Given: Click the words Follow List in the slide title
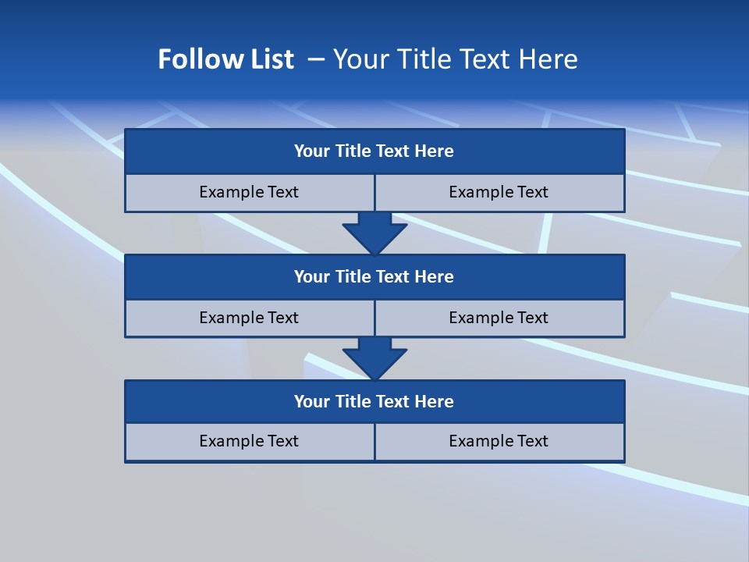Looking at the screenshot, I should click(x=225, y=59).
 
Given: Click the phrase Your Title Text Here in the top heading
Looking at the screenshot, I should click(x=455, y=59).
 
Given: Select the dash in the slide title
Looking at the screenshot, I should click(x=317, y=59).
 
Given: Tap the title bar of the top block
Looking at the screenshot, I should click(x=374, y=151).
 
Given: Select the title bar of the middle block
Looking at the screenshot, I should click(x=374, y=276).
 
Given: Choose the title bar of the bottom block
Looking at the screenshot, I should click(x=374, y=401).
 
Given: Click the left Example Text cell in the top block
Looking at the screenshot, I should click(x=249, y=192).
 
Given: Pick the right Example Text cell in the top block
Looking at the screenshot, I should click(x=499, y=192).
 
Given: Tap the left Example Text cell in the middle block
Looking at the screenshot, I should click(x=249, y=318).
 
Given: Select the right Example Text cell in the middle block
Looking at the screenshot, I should click(x=499, y=318).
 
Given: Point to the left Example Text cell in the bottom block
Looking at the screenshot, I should click(x=249, y=441).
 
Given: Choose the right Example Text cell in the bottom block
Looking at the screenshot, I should click(x=499, y=441).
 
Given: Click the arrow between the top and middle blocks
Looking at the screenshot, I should click(x=374, y=232).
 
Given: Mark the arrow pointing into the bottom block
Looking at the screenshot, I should click(x=374, y=357).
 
